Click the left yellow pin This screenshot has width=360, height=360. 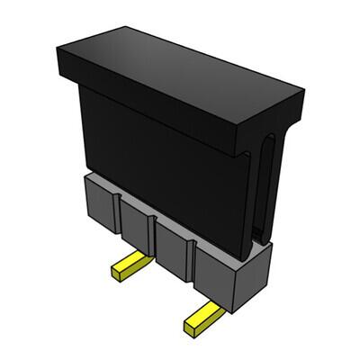pos(125,267)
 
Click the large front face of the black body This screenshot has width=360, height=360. pos(162,162)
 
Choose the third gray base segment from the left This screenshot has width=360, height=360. pos(175,247)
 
